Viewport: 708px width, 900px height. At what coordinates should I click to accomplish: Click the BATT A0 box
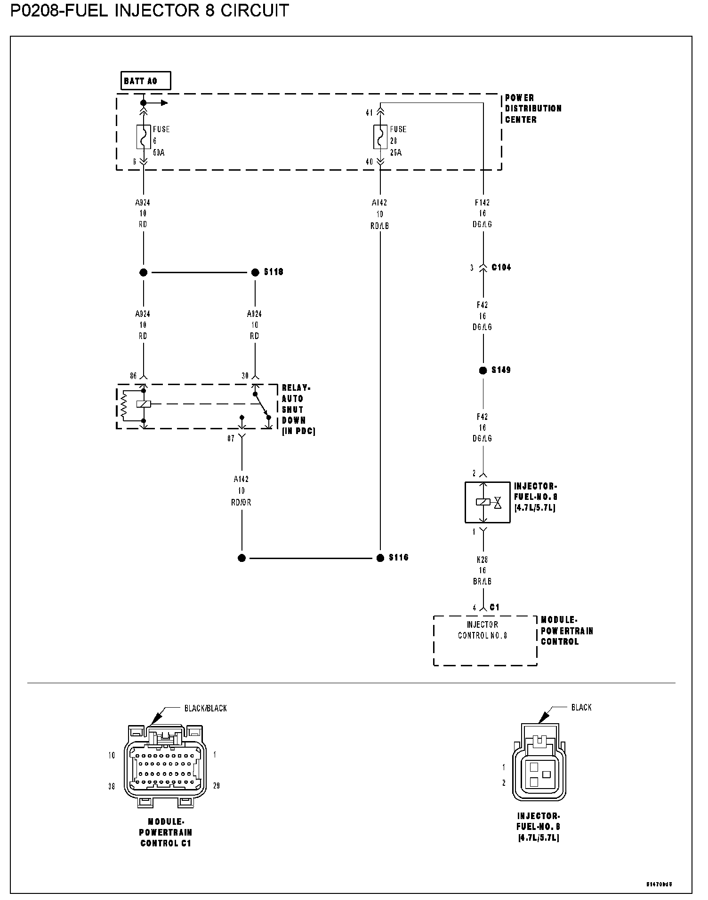tap(145, 81)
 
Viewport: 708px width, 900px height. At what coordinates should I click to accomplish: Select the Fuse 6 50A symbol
tap(144, 137)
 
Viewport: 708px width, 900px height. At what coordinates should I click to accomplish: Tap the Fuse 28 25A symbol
tap(380, 137)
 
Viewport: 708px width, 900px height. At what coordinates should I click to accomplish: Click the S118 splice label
tap(274, 272)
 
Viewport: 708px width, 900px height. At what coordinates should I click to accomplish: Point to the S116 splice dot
tap(380, 558)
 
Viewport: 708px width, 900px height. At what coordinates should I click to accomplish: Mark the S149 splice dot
tap(483, 371)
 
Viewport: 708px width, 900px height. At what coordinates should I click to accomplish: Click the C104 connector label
tap(501, 267)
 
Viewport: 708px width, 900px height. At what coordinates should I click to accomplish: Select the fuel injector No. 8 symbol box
tap(487, 502)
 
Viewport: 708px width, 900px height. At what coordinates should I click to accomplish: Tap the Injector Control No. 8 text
tap(483, 630)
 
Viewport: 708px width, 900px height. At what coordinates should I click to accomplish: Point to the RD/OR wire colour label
tap(241, 502)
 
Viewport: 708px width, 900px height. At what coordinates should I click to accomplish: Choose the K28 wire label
tap(483, 560)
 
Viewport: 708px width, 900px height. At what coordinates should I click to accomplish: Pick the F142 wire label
tap(483, 203)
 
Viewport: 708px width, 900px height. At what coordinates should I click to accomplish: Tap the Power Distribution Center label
tap(533, 109)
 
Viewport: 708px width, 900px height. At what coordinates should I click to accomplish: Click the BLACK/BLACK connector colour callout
tap(205, 708)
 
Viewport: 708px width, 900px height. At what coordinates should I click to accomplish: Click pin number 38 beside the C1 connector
tap(112, 786)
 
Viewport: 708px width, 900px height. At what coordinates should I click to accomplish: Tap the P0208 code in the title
tap(36, 10)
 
